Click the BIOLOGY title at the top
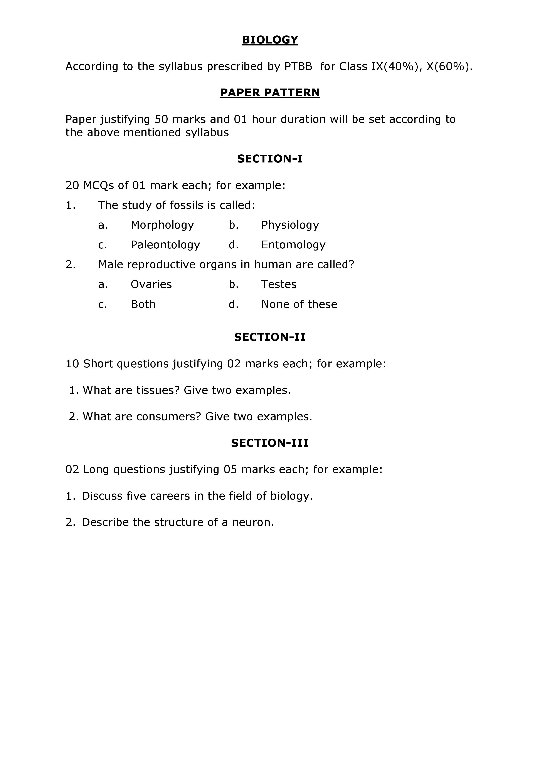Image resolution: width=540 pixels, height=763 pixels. click(x=270, y=40)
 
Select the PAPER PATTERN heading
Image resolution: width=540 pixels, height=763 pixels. click(x=270, y=93)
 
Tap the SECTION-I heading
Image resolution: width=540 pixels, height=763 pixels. click(x=270, y=159)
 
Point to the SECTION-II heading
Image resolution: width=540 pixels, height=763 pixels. click(x=270, y=337)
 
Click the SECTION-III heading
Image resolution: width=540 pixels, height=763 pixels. click(x=270, y=443)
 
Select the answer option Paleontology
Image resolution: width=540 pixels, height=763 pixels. click(x=165, y=245)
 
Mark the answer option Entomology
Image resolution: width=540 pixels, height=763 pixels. click(x=293, y=245)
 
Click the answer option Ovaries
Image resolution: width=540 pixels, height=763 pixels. click(x=151, y=284)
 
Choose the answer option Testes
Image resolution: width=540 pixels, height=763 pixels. click(x=279, y=284)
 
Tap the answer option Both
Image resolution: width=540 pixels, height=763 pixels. click(x=143, y=305)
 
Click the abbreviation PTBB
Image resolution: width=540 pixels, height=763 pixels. click(x=298, y=67)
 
